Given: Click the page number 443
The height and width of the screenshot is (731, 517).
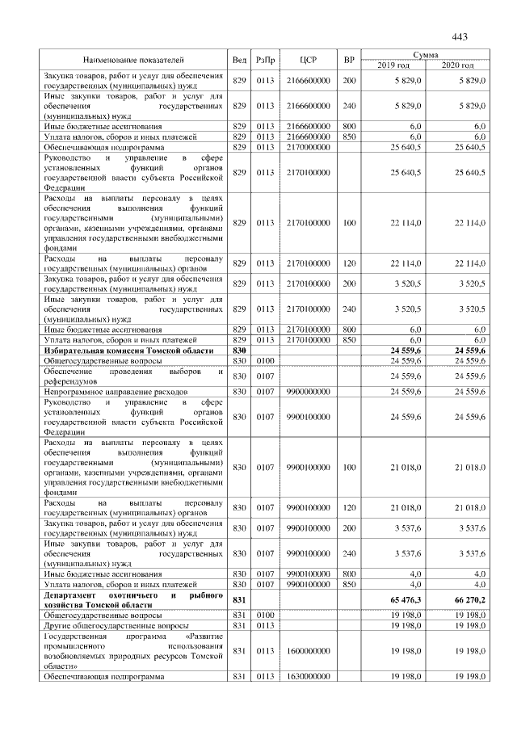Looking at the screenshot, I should click(460, 37).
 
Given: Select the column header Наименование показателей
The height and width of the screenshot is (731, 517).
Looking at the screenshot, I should click(133, 60).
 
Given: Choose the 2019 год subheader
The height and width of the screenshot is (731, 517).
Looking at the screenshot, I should click(393, 65).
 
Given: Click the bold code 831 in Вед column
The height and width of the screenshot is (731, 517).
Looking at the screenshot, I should click(239, 599).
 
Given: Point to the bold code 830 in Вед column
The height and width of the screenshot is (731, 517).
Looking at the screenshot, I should click(239, 351).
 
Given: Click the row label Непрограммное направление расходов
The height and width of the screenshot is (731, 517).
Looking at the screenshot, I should click(108, 391).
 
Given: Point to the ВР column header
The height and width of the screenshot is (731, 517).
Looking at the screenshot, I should click(349, 60).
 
